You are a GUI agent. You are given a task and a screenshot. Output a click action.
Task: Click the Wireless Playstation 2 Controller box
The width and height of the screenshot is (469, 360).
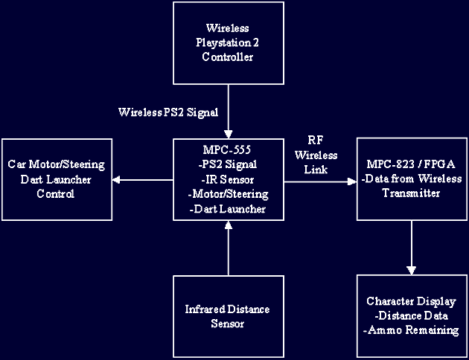(x=228, y=42)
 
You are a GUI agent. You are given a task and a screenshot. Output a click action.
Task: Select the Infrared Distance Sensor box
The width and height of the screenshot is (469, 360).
(x=228, y=316)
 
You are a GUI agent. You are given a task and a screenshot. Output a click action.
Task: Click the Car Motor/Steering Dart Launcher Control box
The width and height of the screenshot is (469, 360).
(x=56, y=179)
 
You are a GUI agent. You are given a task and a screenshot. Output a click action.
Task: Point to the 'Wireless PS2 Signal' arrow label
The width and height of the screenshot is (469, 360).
(x=168, y=113)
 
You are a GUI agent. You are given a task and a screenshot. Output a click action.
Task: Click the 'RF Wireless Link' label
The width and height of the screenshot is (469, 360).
(x=316, y=155)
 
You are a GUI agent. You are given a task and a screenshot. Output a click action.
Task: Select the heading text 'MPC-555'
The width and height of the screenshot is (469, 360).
(x=228, y=150)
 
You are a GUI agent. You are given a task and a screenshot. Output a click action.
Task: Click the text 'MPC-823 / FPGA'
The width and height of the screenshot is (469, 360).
(x=412, y=164)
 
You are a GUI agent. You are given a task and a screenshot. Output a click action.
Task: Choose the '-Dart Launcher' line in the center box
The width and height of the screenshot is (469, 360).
(x=228, y=209)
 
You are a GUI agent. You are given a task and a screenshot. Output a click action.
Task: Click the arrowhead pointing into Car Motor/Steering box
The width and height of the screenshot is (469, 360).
(x=116, y=179)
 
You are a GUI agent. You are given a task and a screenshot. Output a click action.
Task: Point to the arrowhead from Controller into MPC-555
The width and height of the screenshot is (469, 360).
(x=228, y=133)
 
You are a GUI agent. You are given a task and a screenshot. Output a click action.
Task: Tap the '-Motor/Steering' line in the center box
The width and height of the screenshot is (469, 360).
(x=228, y=194)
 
